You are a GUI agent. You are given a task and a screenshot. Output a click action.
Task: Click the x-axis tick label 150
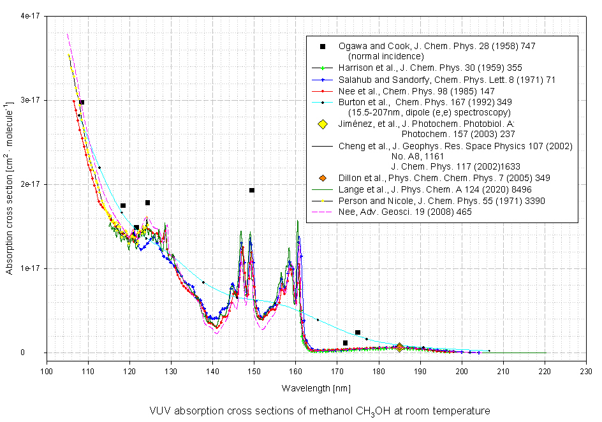(254, 369)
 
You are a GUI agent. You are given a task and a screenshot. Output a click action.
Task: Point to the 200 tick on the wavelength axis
(462, 369)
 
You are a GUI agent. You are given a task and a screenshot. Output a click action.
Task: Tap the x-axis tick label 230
(587, 369)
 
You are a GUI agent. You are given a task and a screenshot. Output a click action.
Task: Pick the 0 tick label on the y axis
(38, 353)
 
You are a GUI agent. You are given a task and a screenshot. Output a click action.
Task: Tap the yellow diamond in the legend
(323, 124)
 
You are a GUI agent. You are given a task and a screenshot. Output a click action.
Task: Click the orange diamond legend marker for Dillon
(323, 178)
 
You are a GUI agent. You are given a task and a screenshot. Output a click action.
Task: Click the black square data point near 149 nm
(252, 190)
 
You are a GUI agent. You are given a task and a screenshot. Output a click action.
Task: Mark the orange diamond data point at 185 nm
(400, 347)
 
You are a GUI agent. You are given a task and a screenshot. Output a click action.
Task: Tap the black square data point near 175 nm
(358, 333)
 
